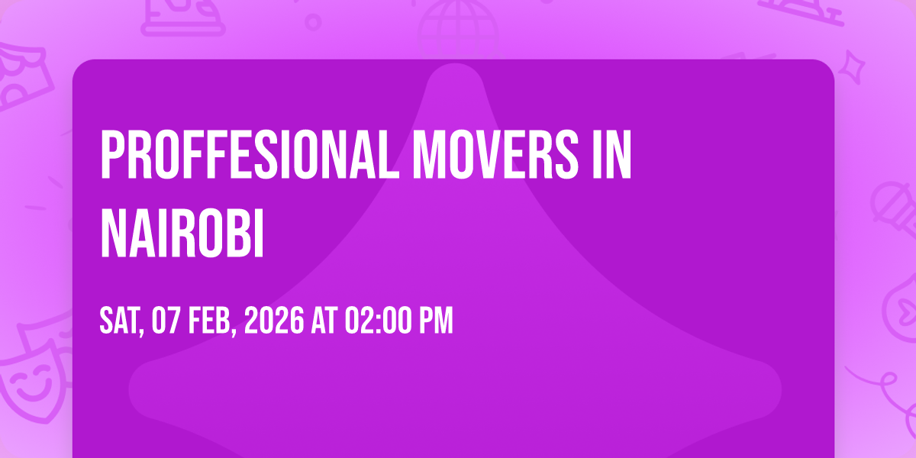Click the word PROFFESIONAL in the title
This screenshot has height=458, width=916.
click(249, 155)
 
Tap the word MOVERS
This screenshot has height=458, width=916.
click(495, 155)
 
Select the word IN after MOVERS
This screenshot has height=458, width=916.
click(611, 155)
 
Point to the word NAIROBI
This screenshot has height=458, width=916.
click(182, 233)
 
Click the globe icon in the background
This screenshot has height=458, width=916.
click(458, 29)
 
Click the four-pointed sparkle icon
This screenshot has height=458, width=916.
click(852, 67)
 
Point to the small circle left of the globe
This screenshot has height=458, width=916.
click(313, 22)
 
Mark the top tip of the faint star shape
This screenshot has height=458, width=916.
click(455, 64)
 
